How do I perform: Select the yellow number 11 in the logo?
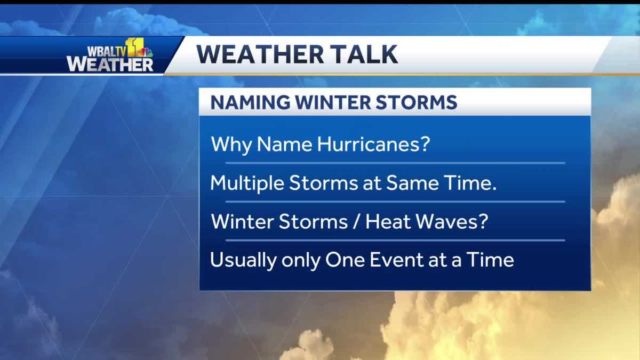[x=133, y=47]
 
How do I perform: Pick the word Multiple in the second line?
[x=247, y=183]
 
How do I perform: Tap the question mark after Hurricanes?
[x=425, y=145]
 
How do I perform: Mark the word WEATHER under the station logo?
[x=110, y=64]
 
